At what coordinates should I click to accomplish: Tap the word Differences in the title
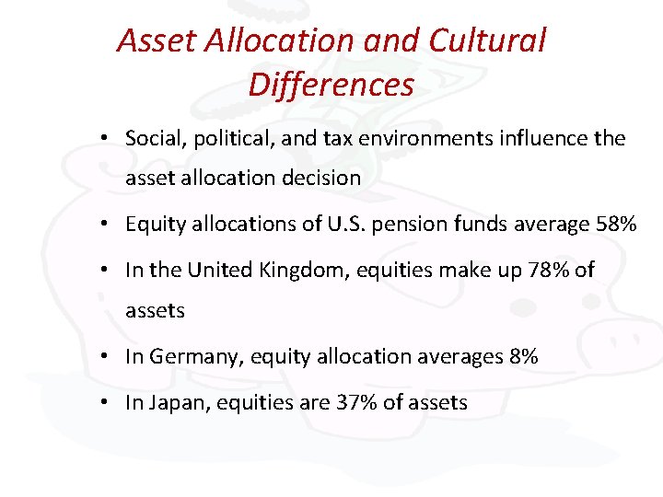[x=331, y=85]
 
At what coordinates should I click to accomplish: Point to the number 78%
[x=547, y=271]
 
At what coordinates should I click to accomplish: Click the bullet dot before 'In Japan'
[x=108, y=402]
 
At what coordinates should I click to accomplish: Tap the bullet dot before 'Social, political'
[x=108, y=139]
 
